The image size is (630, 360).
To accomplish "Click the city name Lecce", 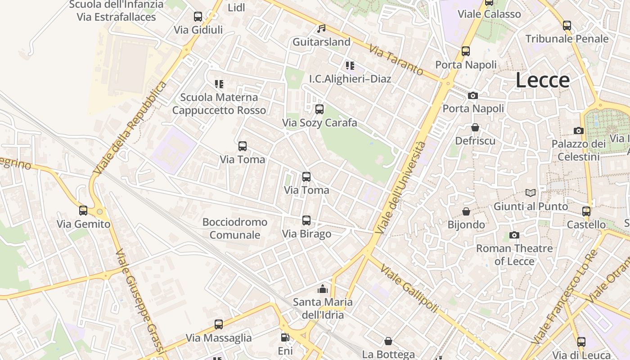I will coord(542,80).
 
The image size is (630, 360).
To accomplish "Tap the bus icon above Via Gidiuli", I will coord(198,17).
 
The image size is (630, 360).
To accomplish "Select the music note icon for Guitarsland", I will coord(321,29).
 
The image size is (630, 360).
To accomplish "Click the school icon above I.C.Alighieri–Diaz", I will coord(350,66).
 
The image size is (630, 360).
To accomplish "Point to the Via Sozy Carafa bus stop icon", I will coord(319,109).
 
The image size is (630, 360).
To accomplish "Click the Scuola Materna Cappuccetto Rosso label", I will coord(219,103).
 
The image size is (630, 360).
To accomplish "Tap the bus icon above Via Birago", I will coord(306,220).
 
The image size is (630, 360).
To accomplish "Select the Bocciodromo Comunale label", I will coord(235,228).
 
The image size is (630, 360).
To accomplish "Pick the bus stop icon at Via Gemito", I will coord(83,210).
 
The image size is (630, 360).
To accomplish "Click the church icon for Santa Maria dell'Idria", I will coord(322,288).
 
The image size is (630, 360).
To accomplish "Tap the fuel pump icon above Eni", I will coord(285,337).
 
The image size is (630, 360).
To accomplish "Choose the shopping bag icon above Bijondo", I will coord(466,211).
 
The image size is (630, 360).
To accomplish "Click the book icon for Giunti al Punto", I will coord(531,193).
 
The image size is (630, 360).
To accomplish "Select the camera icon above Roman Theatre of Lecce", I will coord(514,235).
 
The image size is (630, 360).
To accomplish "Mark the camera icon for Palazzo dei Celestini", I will coord(579,130).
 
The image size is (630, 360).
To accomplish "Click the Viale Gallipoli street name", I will coord(409,288).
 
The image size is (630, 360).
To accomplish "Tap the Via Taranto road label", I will coord(396,60).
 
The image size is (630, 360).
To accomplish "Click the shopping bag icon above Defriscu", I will coord(475,127).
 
